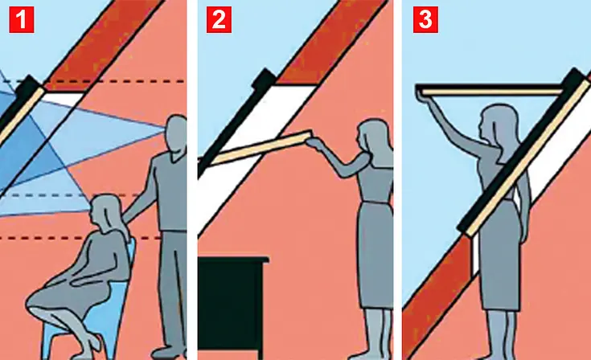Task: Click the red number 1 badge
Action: [22, 19]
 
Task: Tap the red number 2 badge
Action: [219, 19]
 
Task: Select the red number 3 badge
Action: [425, 19]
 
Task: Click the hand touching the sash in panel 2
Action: [313, 142]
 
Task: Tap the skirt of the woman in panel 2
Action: [376, 256]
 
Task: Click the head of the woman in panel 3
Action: [499, 122]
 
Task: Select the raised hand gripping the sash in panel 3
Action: [422, 94]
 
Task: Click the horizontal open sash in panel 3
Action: [490, 90]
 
